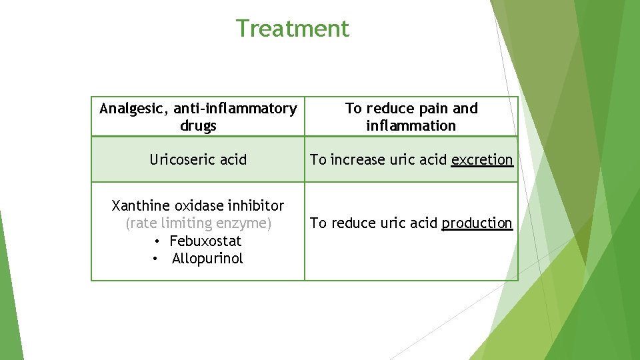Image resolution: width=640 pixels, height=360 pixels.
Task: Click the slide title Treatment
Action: coord(292,29)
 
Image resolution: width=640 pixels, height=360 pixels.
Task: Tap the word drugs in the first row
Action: coord(198,126)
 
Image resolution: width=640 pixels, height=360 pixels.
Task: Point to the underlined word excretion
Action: coord(482,160)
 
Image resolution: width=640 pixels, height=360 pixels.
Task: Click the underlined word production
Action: coord(477,223)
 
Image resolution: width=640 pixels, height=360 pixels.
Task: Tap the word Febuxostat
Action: coord(205,241)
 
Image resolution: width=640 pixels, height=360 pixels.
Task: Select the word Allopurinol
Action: coord(207,259)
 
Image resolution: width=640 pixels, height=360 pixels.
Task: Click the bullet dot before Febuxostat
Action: coord(157,241)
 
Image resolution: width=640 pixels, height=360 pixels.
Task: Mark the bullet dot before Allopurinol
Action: coord(155,259)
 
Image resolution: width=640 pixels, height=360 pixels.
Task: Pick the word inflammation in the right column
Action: coord(411,126)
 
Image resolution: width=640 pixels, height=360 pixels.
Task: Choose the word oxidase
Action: coord(198,206)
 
